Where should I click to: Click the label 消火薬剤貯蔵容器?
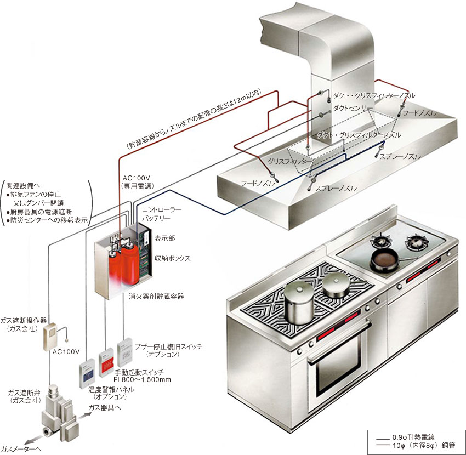(156, 295)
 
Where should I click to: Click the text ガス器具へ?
(105, 408)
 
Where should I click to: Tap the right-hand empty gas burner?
(417, 240)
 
